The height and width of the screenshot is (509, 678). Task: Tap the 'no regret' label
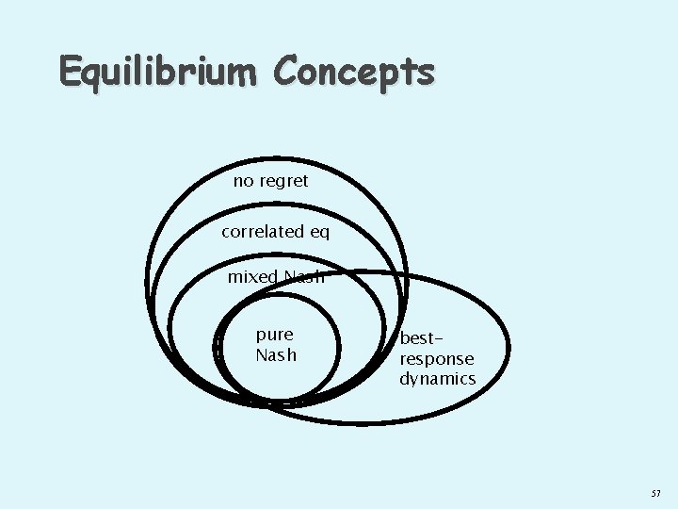tap(270, 181)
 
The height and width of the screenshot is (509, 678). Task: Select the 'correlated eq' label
tap(276, 232)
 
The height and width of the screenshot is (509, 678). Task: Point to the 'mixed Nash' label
tap(275, 277)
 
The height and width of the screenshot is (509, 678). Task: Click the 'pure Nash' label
tap(275, 345)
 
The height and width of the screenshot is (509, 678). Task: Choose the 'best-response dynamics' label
tap(437, 358)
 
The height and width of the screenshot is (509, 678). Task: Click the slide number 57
tap(655, 494)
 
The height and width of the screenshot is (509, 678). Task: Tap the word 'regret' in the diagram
tap(283, 181)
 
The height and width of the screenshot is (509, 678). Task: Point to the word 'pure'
tap(275, 335)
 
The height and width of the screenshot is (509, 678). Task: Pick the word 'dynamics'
tap(438, 379)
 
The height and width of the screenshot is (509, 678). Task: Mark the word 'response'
tap(437, 359)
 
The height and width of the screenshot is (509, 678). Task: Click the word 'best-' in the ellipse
tap(421, 338)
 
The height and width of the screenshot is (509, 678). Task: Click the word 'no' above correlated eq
tap(243, 181)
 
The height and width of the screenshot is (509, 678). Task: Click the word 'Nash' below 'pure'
tap(275, 355)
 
